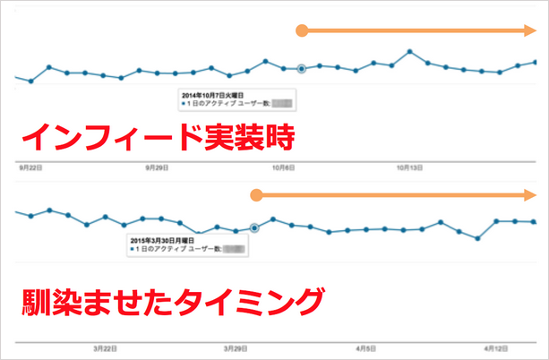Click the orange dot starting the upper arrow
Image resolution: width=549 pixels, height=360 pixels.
coord(303,31)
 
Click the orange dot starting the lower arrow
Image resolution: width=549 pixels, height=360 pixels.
coord(255,194)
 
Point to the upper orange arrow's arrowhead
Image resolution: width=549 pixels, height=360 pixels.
coord(530,31)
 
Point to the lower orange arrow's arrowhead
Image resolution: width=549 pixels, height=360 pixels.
coord(530,194)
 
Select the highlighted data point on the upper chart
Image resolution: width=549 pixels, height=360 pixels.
coord(302,68)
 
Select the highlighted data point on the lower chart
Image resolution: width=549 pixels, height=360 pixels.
coord(254,227)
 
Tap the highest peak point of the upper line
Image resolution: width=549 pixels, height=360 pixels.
coord(409,52)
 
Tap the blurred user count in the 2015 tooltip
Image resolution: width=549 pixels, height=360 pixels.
coord(234,250)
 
